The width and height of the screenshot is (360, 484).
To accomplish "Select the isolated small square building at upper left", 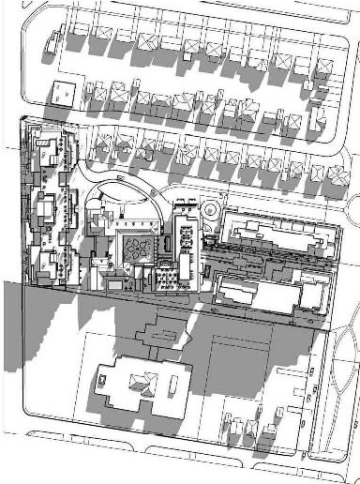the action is coord(63,91).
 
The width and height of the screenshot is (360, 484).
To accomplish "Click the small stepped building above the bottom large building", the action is coord(160,329).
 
